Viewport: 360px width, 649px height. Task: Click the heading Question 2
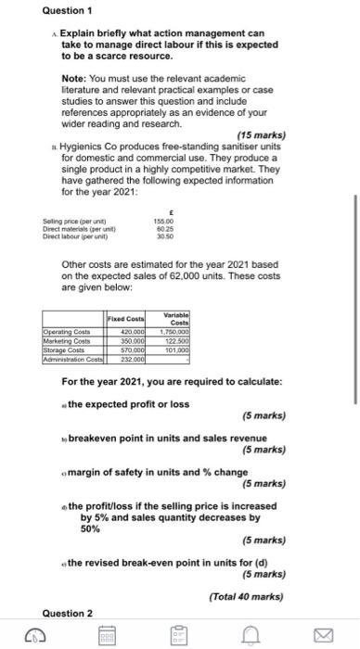[67, 613]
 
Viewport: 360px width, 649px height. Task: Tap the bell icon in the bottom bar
[251, 636]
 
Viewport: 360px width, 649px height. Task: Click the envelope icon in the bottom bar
[323, 636]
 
